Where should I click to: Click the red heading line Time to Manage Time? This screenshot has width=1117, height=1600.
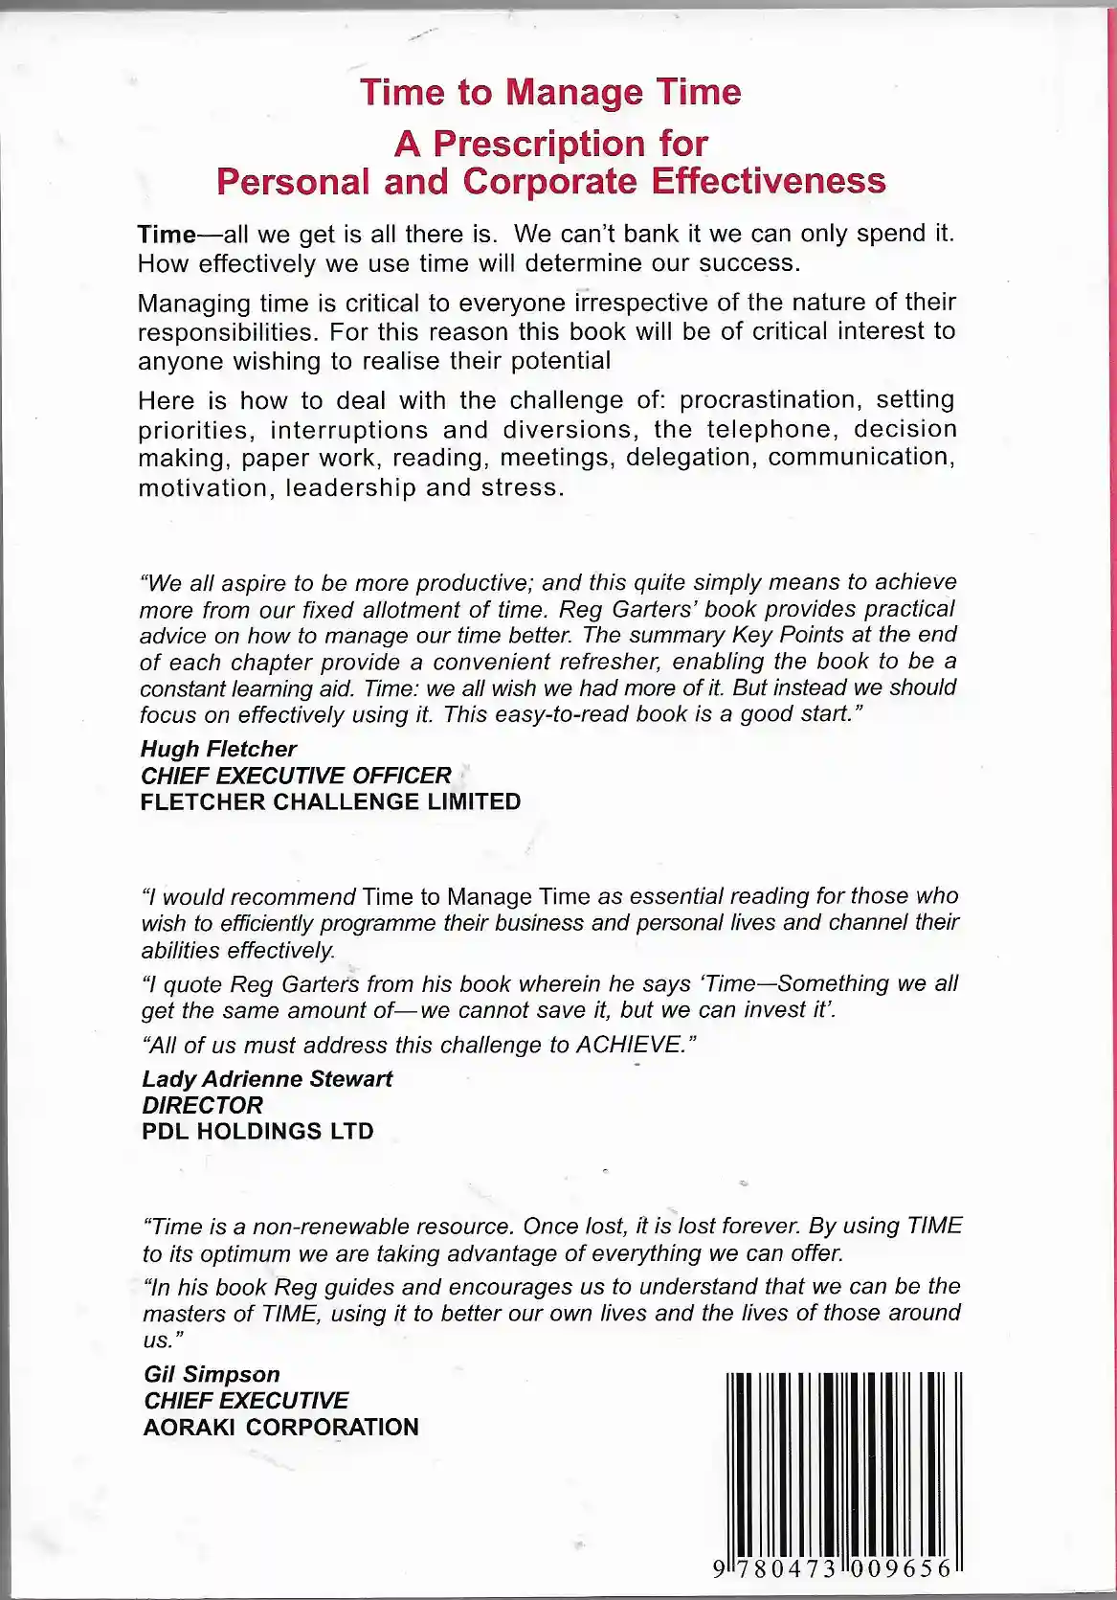click(x=550, y=92)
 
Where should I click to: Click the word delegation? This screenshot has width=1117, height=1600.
click(x=692, y=457)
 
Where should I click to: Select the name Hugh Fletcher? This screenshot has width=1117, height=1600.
click(x=218, y=749)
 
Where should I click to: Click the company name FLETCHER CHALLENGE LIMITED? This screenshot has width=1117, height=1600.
click(x=330, y=802)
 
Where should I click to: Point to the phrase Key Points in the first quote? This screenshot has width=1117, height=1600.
click(x=787, y=634)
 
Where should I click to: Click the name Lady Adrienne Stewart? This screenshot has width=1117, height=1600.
click(x=267, y=1078)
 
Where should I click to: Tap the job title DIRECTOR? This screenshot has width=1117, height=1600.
click(x=202, y=1104)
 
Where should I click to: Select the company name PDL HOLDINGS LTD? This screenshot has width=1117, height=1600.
click(x=257, y=1131)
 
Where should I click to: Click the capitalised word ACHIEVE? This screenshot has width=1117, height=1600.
click(x=628, y=1045)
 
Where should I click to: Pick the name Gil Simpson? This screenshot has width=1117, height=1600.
click(x=212, y=1374)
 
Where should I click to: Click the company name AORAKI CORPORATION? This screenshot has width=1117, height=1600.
click(x=280, y=1427)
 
